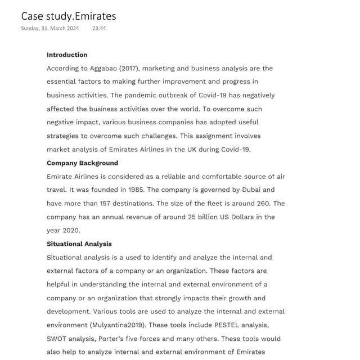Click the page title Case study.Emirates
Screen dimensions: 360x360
pyautogui.click(x=69, y=16)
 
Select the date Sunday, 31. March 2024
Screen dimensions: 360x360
pyautogui.click(x=50, y=28)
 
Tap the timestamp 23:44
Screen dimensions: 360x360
pyautogui.click(x=99, y=28)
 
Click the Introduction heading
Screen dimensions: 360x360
pyautogui.click(x=67, y=55)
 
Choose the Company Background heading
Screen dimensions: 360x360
pyautogui.click(x=82, y=163)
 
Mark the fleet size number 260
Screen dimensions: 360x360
pyautogui.click(x=262, y=204)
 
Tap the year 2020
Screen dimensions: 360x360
pyautogui.click(x=71, y=231)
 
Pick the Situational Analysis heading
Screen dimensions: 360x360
pyautogui.click(x=79, y=244)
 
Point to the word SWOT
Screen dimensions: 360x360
pyautogui.click(x=57, y=339)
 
